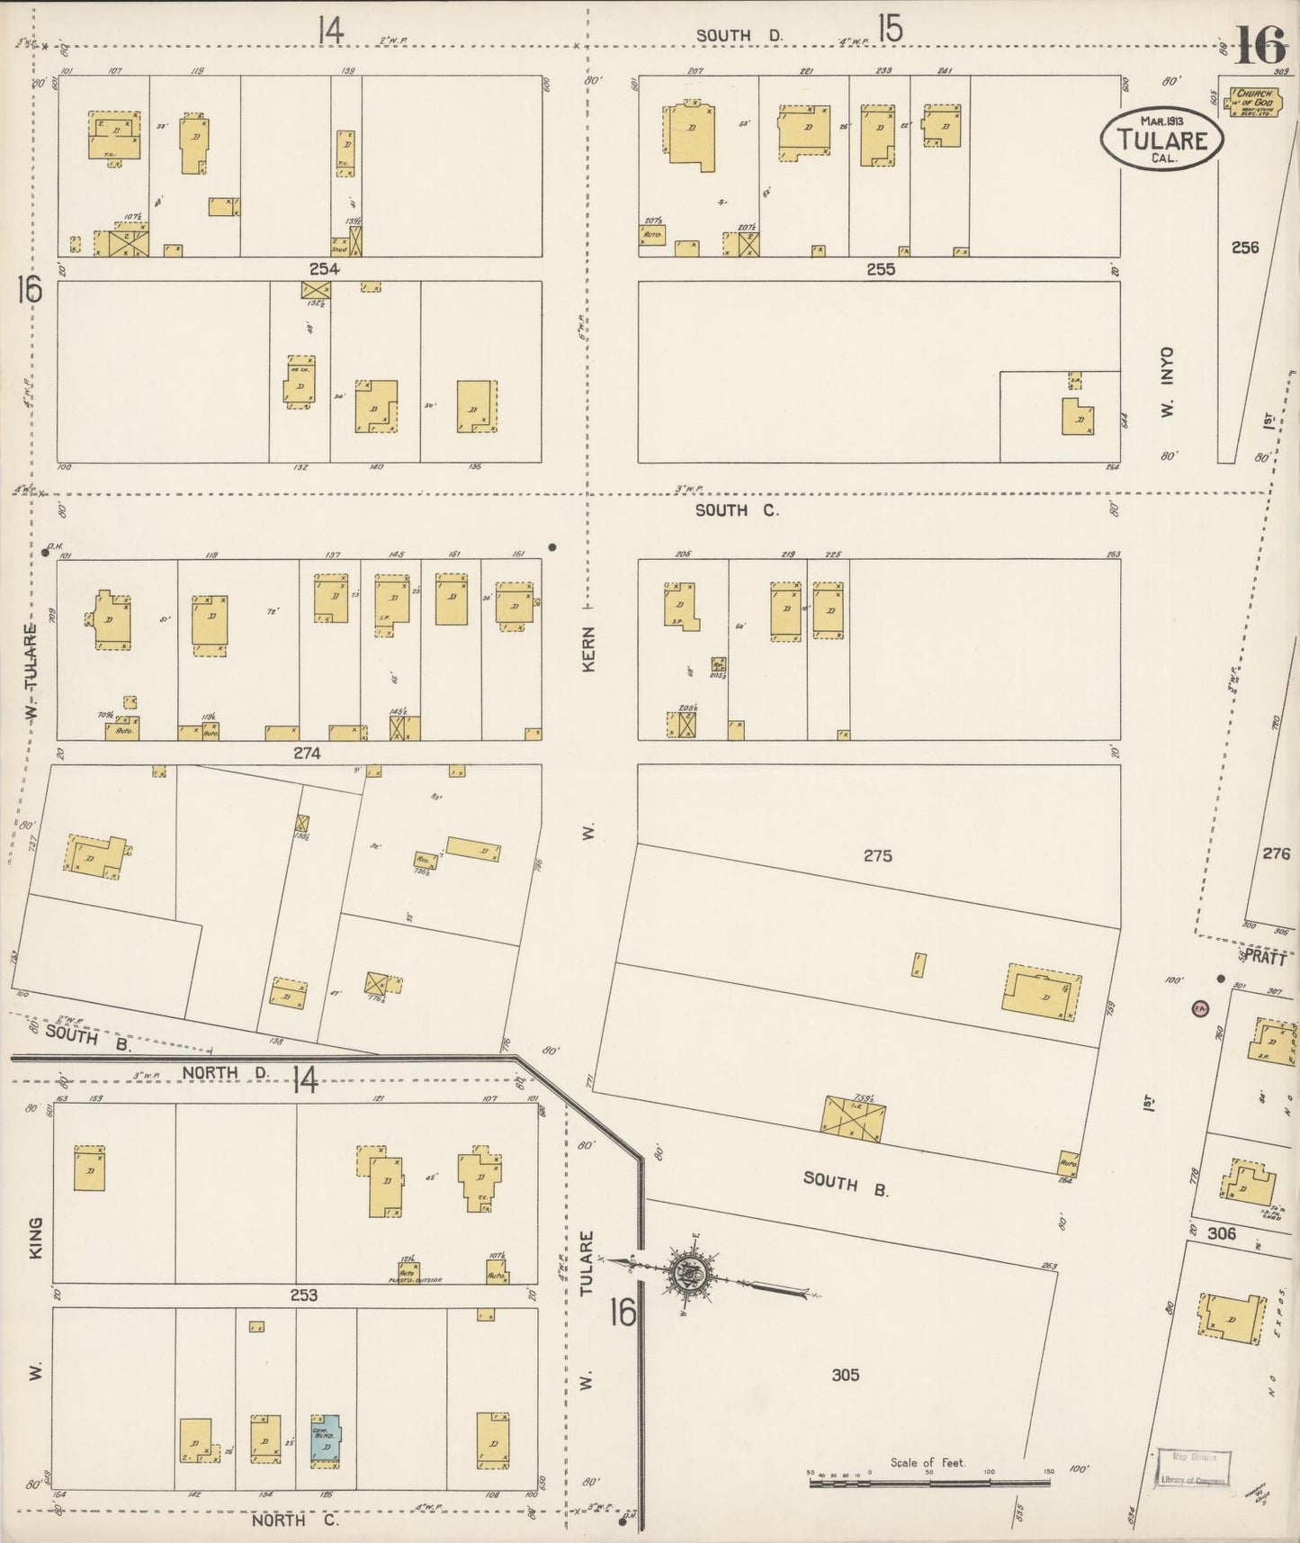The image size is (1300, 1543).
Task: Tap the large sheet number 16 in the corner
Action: coord(1260,44)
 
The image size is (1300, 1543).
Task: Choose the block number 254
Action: coord(324,269)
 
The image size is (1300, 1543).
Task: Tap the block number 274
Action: coord(307,753)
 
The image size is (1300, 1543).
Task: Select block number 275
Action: coord(877,855)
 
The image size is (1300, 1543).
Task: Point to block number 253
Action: coord(304,1295)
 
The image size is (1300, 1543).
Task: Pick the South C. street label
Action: coord(736,510)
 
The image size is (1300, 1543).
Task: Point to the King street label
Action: coord(36,1239)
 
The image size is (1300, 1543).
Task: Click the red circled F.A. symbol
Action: coord(1199,1008)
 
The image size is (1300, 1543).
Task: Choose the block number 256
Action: coord(1245,247)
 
